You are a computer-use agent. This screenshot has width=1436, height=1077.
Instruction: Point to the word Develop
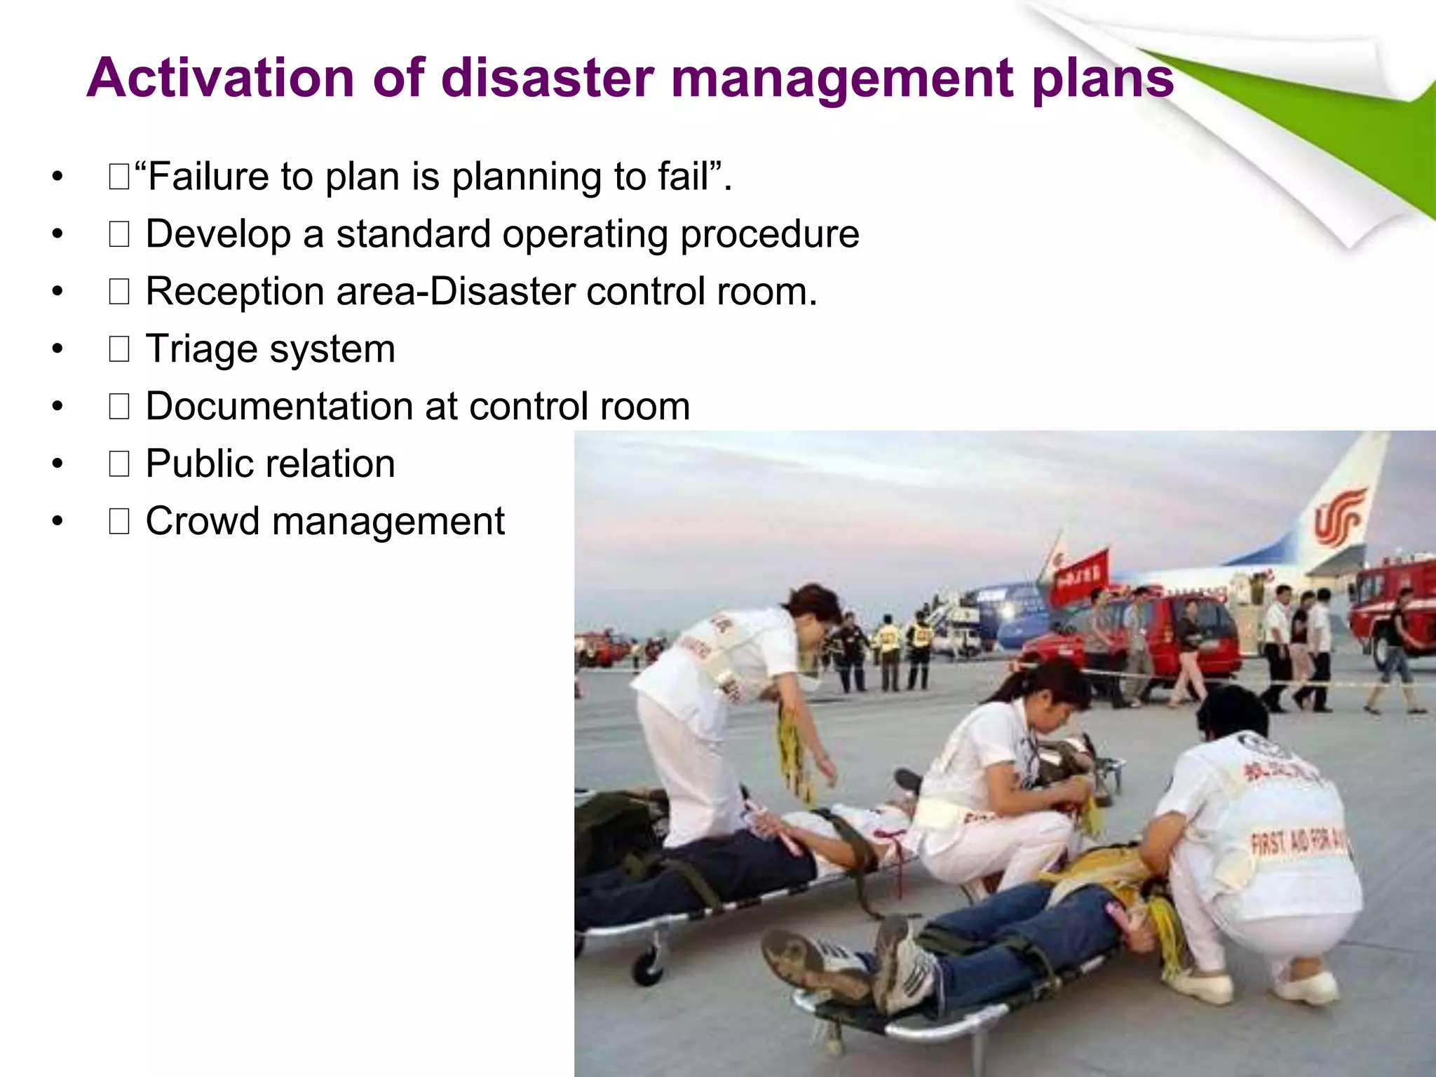(218, 234)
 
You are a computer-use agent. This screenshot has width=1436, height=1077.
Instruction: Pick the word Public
(203, 464)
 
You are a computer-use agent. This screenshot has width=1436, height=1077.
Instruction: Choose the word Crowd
(203, 522)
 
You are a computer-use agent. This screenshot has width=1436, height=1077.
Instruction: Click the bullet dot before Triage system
(57, 348)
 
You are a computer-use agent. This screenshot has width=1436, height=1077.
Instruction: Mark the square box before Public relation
(119, 464)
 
